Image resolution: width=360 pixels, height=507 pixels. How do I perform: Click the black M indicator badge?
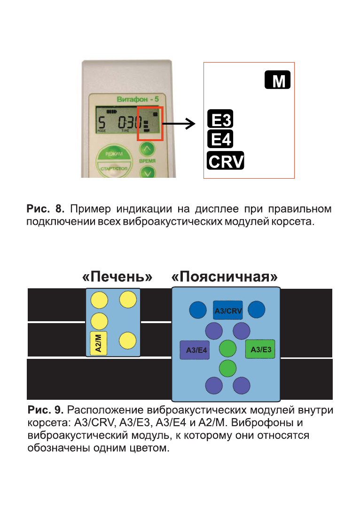(278, 80)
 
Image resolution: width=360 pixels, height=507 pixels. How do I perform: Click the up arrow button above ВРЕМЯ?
(148, 150)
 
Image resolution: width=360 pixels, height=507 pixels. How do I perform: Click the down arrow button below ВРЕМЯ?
(148, 173)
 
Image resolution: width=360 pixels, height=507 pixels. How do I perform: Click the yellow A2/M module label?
(99, 343)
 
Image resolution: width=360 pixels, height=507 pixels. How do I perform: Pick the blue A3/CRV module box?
(228, 310)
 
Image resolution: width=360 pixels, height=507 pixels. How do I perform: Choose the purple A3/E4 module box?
(195, 350)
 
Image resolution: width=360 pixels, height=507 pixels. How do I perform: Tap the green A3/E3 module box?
(260, 349)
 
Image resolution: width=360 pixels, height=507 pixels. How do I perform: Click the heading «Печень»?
(117, 277)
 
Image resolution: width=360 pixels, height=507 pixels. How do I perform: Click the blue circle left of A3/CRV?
(198, 309)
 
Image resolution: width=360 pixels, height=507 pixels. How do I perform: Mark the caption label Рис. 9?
(46, 411)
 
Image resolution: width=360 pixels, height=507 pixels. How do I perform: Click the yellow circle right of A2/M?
(127, 341)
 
